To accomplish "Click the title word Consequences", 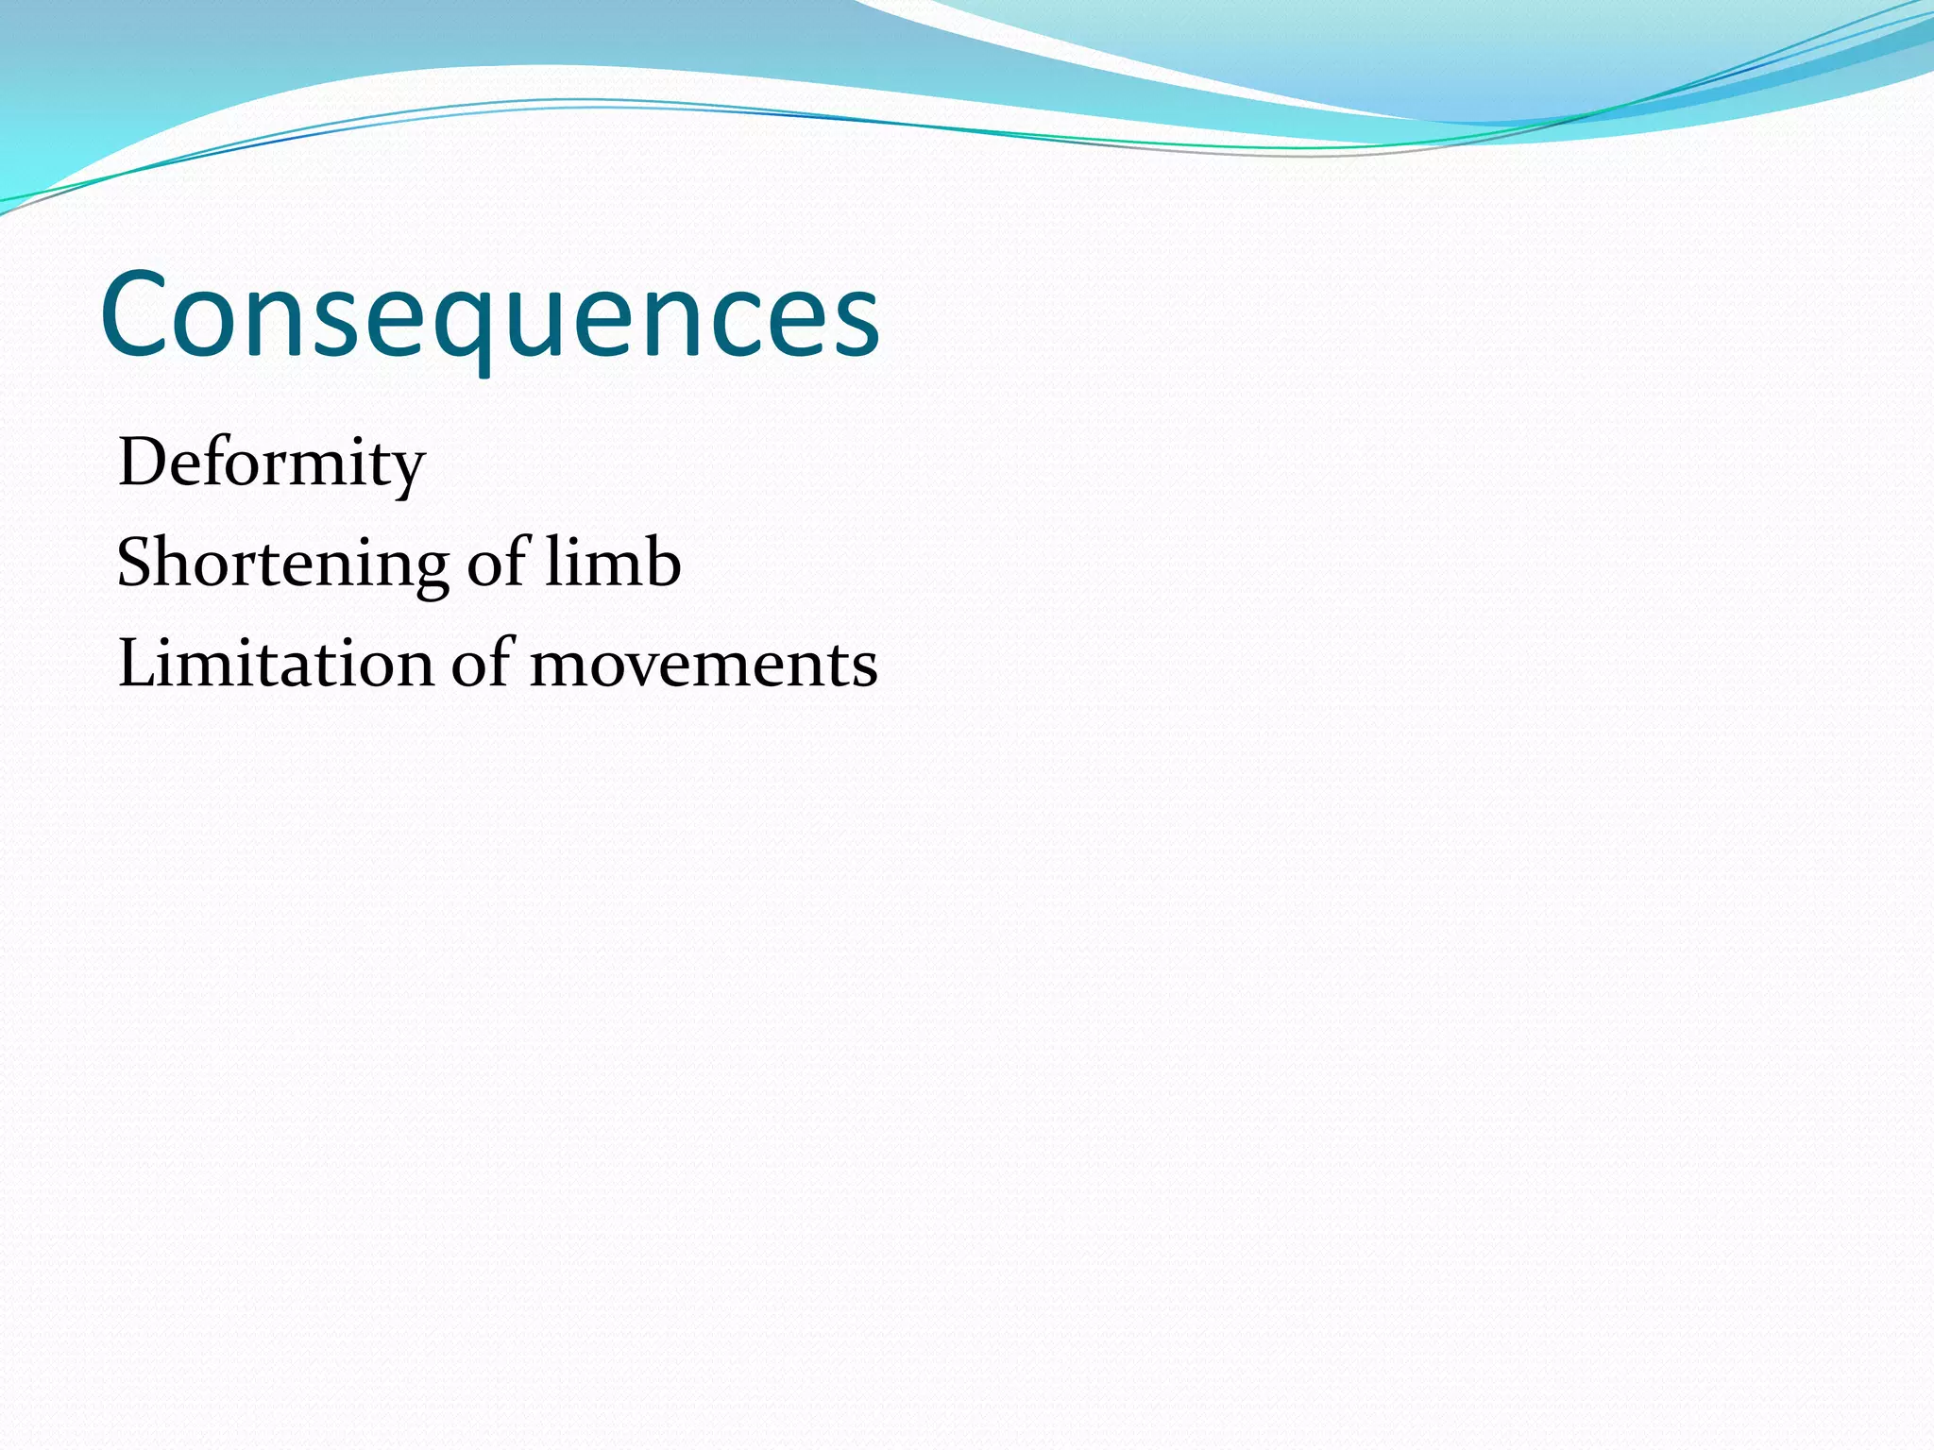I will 489,315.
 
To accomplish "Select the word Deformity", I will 271,464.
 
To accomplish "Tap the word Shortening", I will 281,564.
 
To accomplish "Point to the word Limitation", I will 275,663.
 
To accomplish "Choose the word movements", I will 704,665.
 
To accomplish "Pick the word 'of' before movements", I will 482,663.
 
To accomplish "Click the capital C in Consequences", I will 136,315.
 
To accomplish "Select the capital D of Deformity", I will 141,464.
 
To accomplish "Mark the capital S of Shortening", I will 134,564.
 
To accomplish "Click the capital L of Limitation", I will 135,663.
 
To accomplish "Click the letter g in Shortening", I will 431,570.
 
